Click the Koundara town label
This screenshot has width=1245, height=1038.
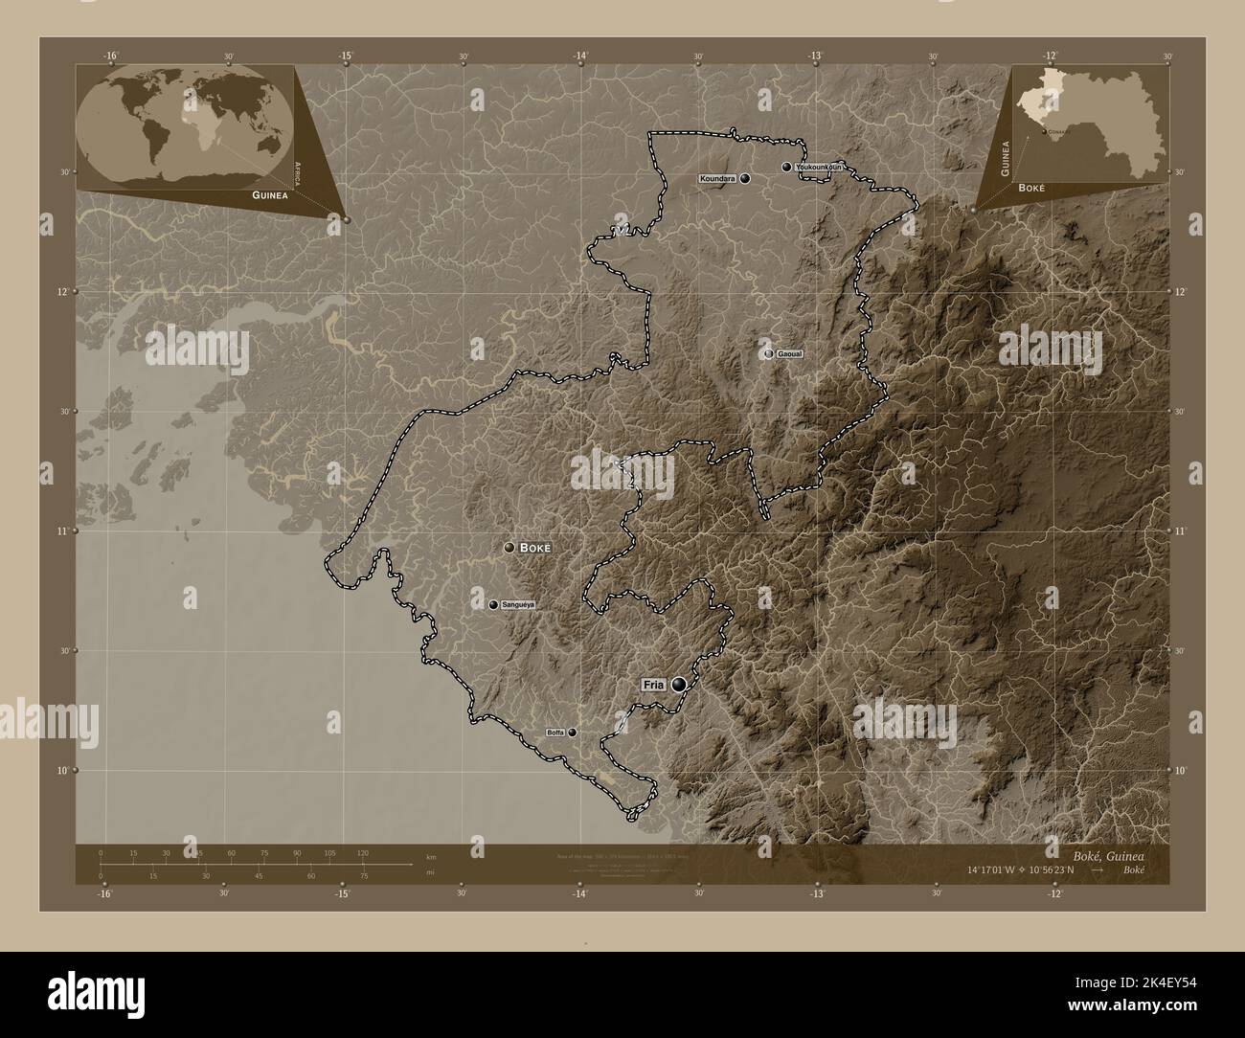pyautogui.click(x=718, y=179)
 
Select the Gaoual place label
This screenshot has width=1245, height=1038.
pyautogui.click(x=790, y=354)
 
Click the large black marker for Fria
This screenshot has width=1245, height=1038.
pyautogui.click(x=680, y=685)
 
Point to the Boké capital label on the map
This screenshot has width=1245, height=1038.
pyautogui.click(x=536, y=548)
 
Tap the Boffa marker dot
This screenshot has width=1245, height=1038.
pyautogui.click(x=573, y=733)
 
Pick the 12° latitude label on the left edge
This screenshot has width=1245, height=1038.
pyautogui.click(x=62, y=292)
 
